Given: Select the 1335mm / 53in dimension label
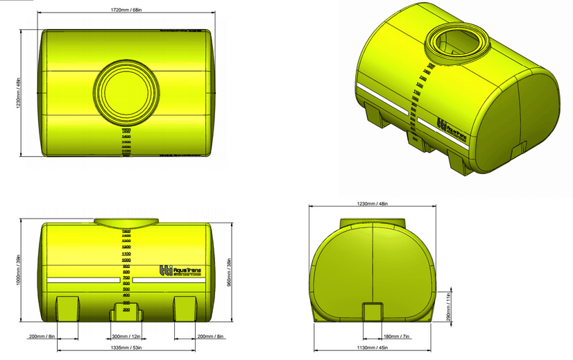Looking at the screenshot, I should (127, 348).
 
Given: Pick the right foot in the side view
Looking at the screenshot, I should (185, 307).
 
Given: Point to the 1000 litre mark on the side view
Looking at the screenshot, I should (127, 259).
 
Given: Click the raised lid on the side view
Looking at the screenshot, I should (126, 221).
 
